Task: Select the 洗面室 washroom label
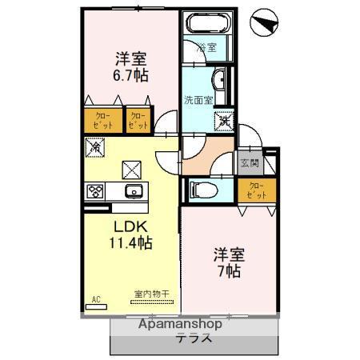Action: tap(198, 101)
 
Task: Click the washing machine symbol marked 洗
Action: tap(223, 120)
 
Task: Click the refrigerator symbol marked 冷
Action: tap(95, 147)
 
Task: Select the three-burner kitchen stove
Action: tap(95, 190)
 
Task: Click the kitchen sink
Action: tap(133, 190)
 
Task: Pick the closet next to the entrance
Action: tap(256, 190)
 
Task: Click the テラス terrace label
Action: tap(194, 338)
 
